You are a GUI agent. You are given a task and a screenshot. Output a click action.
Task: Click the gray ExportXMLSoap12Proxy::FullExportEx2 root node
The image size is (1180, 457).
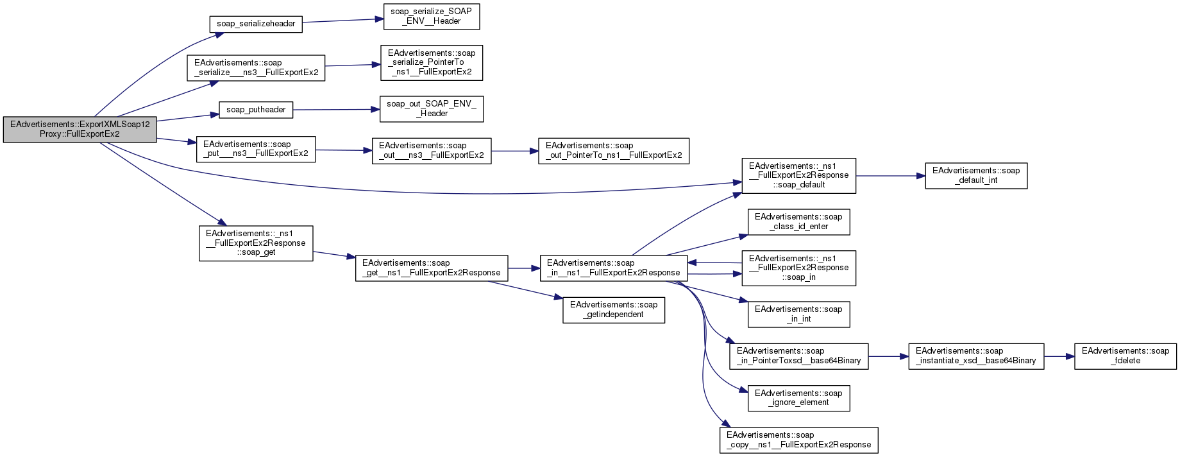pos(80,130)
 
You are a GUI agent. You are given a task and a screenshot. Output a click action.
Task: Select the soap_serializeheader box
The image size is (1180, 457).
pos(256,24)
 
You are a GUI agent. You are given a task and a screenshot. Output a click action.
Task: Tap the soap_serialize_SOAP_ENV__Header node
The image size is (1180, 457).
pos(431,17)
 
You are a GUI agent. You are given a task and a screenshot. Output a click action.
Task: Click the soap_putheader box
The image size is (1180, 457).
pos(256,110)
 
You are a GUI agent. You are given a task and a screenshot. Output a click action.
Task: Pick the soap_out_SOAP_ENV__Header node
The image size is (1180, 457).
pos(431,109)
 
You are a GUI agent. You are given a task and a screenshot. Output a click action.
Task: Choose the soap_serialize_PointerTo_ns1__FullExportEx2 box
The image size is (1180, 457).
pos(431,63)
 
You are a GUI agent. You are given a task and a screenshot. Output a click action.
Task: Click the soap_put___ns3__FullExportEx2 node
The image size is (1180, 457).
pos(256,149)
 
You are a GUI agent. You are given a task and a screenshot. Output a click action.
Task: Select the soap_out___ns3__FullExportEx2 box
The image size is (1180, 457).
pos(431,151)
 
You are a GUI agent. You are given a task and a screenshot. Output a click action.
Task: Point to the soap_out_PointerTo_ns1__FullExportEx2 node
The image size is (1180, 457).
pos(613,151)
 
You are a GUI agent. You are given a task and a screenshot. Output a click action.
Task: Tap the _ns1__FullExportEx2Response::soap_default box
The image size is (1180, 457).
pos(798,175)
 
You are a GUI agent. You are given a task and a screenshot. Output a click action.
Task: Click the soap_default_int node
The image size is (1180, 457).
pos(975,176)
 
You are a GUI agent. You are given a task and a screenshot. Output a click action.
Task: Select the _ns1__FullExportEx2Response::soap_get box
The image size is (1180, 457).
pos(256,243)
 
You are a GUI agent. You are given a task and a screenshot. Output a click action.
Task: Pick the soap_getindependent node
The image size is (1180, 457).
pos(613,310)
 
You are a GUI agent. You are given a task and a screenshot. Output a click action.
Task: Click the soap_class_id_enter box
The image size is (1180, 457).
pos(798,222)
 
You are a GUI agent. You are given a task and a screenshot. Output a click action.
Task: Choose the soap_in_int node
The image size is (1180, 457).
pos(798,315)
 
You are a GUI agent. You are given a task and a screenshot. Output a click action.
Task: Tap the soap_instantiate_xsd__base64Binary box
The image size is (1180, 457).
pos(975,356)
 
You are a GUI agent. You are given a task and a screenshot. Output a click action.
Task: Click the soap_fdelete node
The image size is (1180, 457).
pos(1125,356)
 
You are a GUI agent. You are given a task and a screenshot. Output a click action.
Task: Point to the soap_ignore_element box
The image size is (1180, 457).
pos(798,398)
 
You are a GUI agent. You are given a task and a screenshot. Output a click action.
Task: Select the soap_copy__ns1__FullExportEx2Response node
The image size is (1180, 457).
pos(798,440)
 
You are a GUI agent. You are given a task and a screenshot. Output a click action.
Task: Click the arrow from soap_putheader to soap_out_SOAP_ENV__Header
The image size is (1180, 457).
pos(332,110)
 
